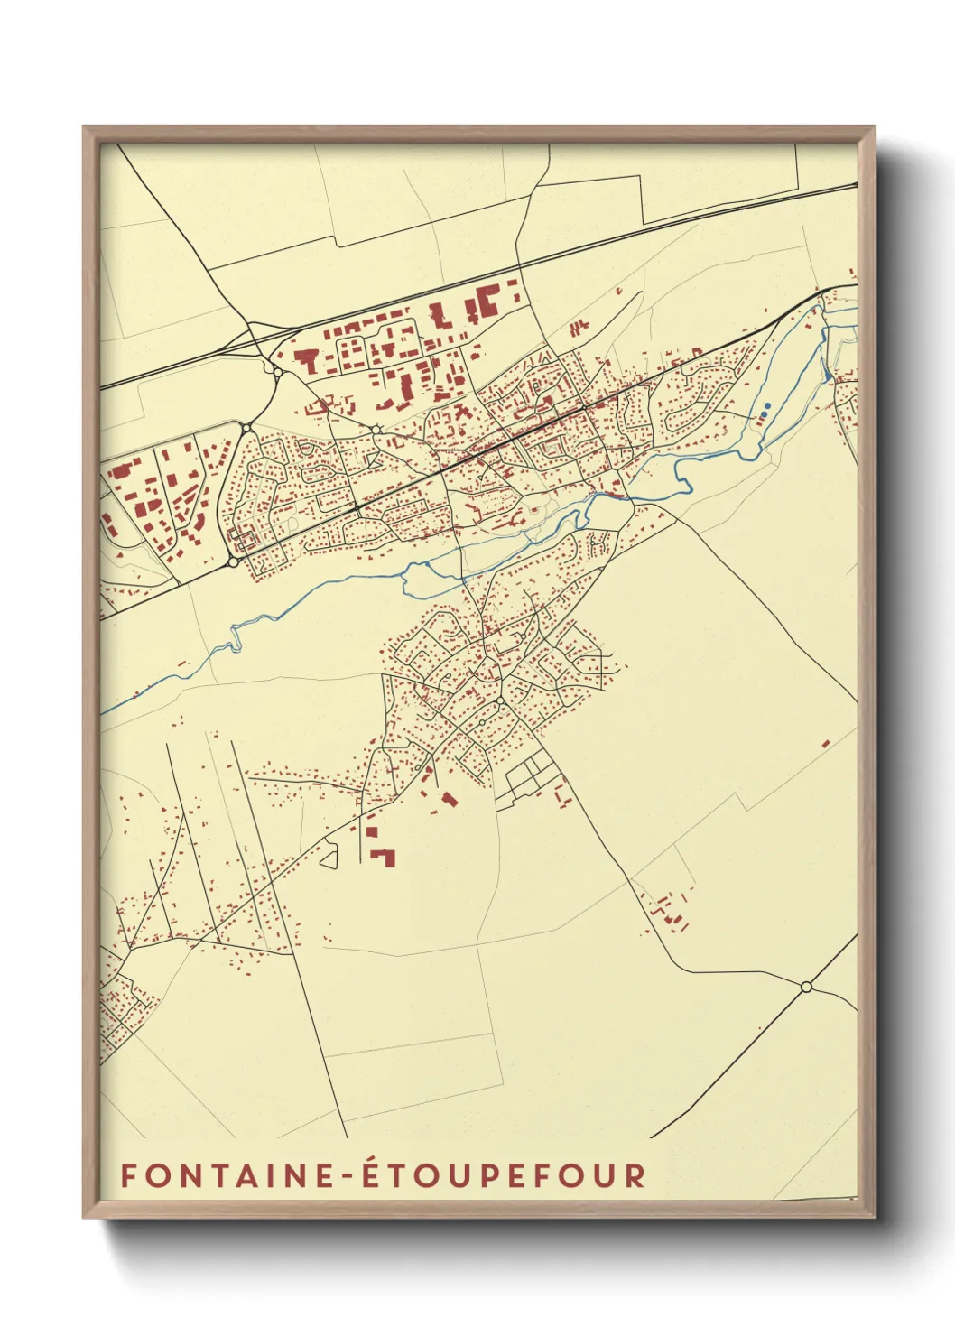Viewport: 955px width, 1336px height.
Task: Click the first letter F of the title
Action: [128, 1175]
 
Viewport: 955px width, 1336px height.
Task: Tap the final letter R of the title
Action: [636, 1175]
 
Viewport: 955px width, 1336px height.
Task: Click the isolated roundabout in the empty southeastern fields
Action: [806, 987]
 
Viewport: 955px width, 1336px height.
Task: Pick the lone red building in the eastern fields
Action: [825, 744]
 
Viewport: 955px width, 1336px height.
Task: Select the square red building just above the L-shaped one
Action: [371, 832]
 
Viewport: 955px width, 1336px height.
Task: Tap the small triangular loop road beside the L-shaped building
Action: [329, 855]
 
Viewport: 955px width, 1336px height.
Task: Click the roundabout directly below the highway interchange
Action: [246, 428]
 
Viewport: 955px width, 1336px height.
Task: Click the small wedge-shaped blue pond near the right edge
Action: [828, 372]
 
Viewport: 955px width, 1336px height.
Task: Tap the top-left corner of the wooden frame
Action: [84, 127]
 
